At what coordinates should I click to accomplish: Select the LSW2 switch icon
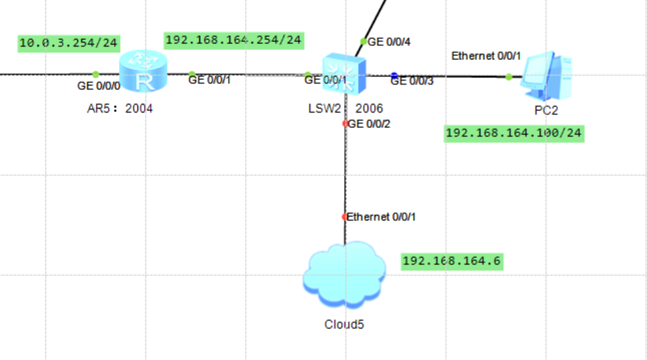(x=344, y=73)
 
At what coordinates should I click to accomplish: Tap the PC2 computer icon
(x=546, y=74)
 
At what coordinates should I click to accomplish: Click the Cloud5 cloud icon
(x=344, y=275)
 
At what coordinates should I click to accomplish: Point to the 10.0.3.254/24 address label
(x=69, y=43)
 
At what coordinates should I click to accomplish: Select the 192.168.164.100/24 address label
(x=514, y=133)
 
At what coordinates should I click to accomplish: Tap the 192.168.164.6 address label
(x=451, y=261)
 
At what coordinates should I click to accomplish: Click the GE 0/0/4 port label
(x=390, y=41)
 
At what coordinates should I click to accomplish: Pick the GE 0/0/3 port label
(x=412, y=81)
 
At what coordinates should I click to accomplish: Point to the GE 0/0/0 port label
(x=99, y=85)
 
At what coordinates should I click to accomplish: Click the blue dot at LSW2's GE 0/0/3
(x=394, y=75)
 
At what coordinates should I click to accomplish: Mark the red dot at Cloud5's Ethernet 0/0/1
(x=345, y=217)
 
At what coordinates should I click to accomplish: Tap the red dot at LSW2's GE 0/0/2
(x=345, y=123)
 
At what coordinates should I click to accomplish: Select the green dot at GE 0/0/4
(x=363, y=41)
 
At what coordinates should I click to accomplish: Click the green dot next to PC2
(x=509, y=77)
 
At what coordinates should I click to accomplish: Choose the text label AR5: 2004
(x=120, y=108)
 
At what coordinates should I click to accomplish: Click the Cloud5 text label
(x=344, y=325)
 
